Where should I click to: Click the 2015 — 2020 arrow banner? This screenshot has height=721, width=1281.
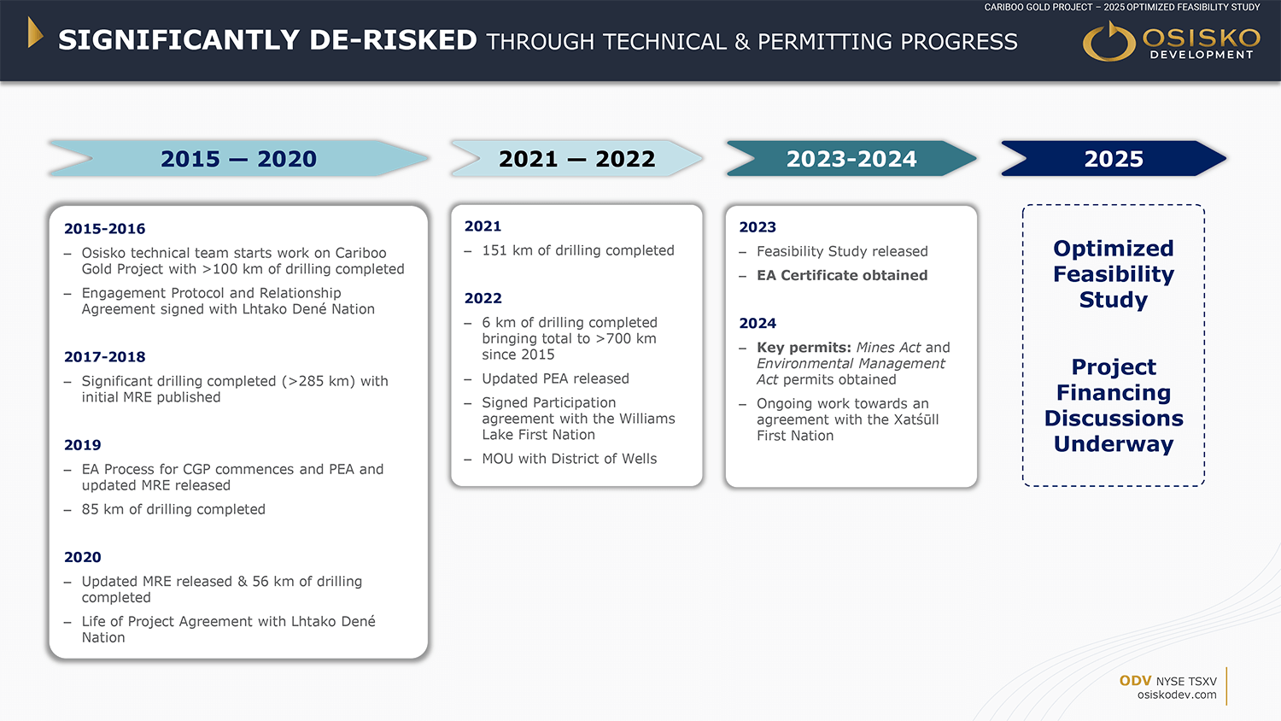[238, 158]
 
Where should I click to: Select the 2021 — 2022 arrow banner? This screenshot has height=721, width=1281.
[576, 158]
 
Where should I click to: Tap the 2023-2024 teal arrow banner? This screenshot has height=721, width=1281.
[851, 158]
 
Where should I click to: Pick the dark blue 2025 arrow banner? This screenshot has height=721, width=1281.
[1114, 158]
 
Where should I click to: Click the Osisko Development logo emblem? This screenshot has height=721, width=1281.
[1108, 41]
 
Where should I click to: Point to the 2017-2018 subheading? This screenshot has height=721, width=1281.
[105, 357]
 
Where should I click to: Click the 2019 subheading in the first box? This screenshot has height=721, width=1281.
[82, 445]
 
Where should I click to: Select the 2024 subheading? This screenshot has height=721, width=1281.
[757, 323]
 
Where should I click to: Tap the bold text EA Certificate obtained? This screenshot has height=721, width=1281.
[842, 275]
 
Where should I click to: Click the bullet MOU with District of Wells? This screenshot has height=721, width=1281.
[569, 459]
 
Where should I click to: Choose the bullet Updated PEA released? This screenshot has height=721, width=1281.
[555, 378]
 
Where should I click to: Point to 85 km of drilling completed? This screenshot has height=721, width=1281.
[173, 509]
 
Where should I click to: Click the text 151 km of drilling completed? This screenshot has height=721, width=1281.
[578, 250]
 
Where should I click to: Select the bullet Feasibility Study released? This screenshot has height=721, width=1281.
[842, 251]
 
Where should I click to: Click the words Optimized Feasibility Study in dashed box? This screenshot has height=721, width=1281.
[1114, 274]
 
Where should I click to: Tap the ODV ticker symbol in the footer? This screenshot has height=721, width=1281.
[1135, 681]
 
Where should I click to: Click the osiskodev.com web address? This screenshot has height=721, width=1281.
[1177, 695]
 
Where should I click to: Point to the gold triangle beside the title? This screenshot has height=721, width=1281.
[36, 32]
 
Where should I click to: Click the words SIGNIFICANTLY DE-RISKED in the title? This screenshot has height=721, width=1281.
[267, 40]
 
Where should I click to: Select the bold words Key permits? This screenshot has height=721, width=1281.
[804, 348]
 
